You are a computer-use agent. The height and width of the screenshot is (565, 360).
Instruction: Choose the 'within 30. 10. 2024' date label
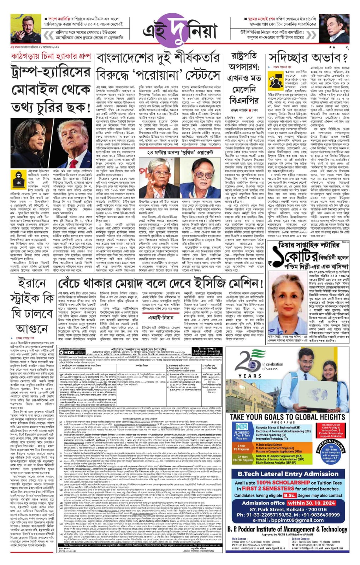(x=311, y=503)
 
